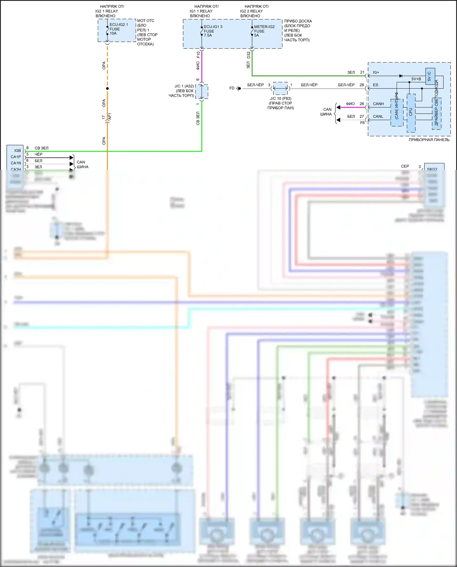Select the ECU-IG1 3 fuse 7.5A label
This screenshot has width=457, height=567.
213,31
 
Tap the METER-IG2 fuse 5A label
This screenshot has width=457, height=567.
264,31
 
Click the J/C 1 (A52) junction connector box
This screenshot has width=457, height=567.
202,91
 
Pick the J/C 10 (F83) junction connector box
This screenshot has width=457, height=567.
280,88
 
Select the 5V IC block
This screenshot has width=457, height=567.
430,76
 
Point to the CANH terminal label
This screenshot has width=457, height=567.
378,104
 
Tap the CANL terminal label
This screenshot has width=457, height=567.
378,116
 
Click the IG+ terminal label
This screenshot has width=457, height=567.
376,73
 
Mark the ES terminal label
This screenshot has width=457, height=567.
375,85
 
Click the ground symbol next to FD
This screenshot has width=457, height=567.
239,88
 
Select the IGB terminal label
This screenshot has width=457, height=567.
17,151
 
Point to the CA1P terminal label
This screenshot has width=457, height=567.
16,157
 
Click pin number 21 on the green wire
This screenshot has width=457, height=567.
362,73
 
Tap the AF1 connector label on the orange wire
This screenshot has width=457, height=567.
110,116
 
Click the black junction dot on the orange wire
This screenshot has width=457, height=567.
107,89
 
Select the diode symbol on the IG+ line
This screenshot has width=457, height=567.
401,76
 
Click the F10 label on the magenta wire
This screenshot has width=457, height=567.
198,55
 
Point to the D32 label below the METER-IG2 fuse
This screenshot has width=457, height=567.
248,55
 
